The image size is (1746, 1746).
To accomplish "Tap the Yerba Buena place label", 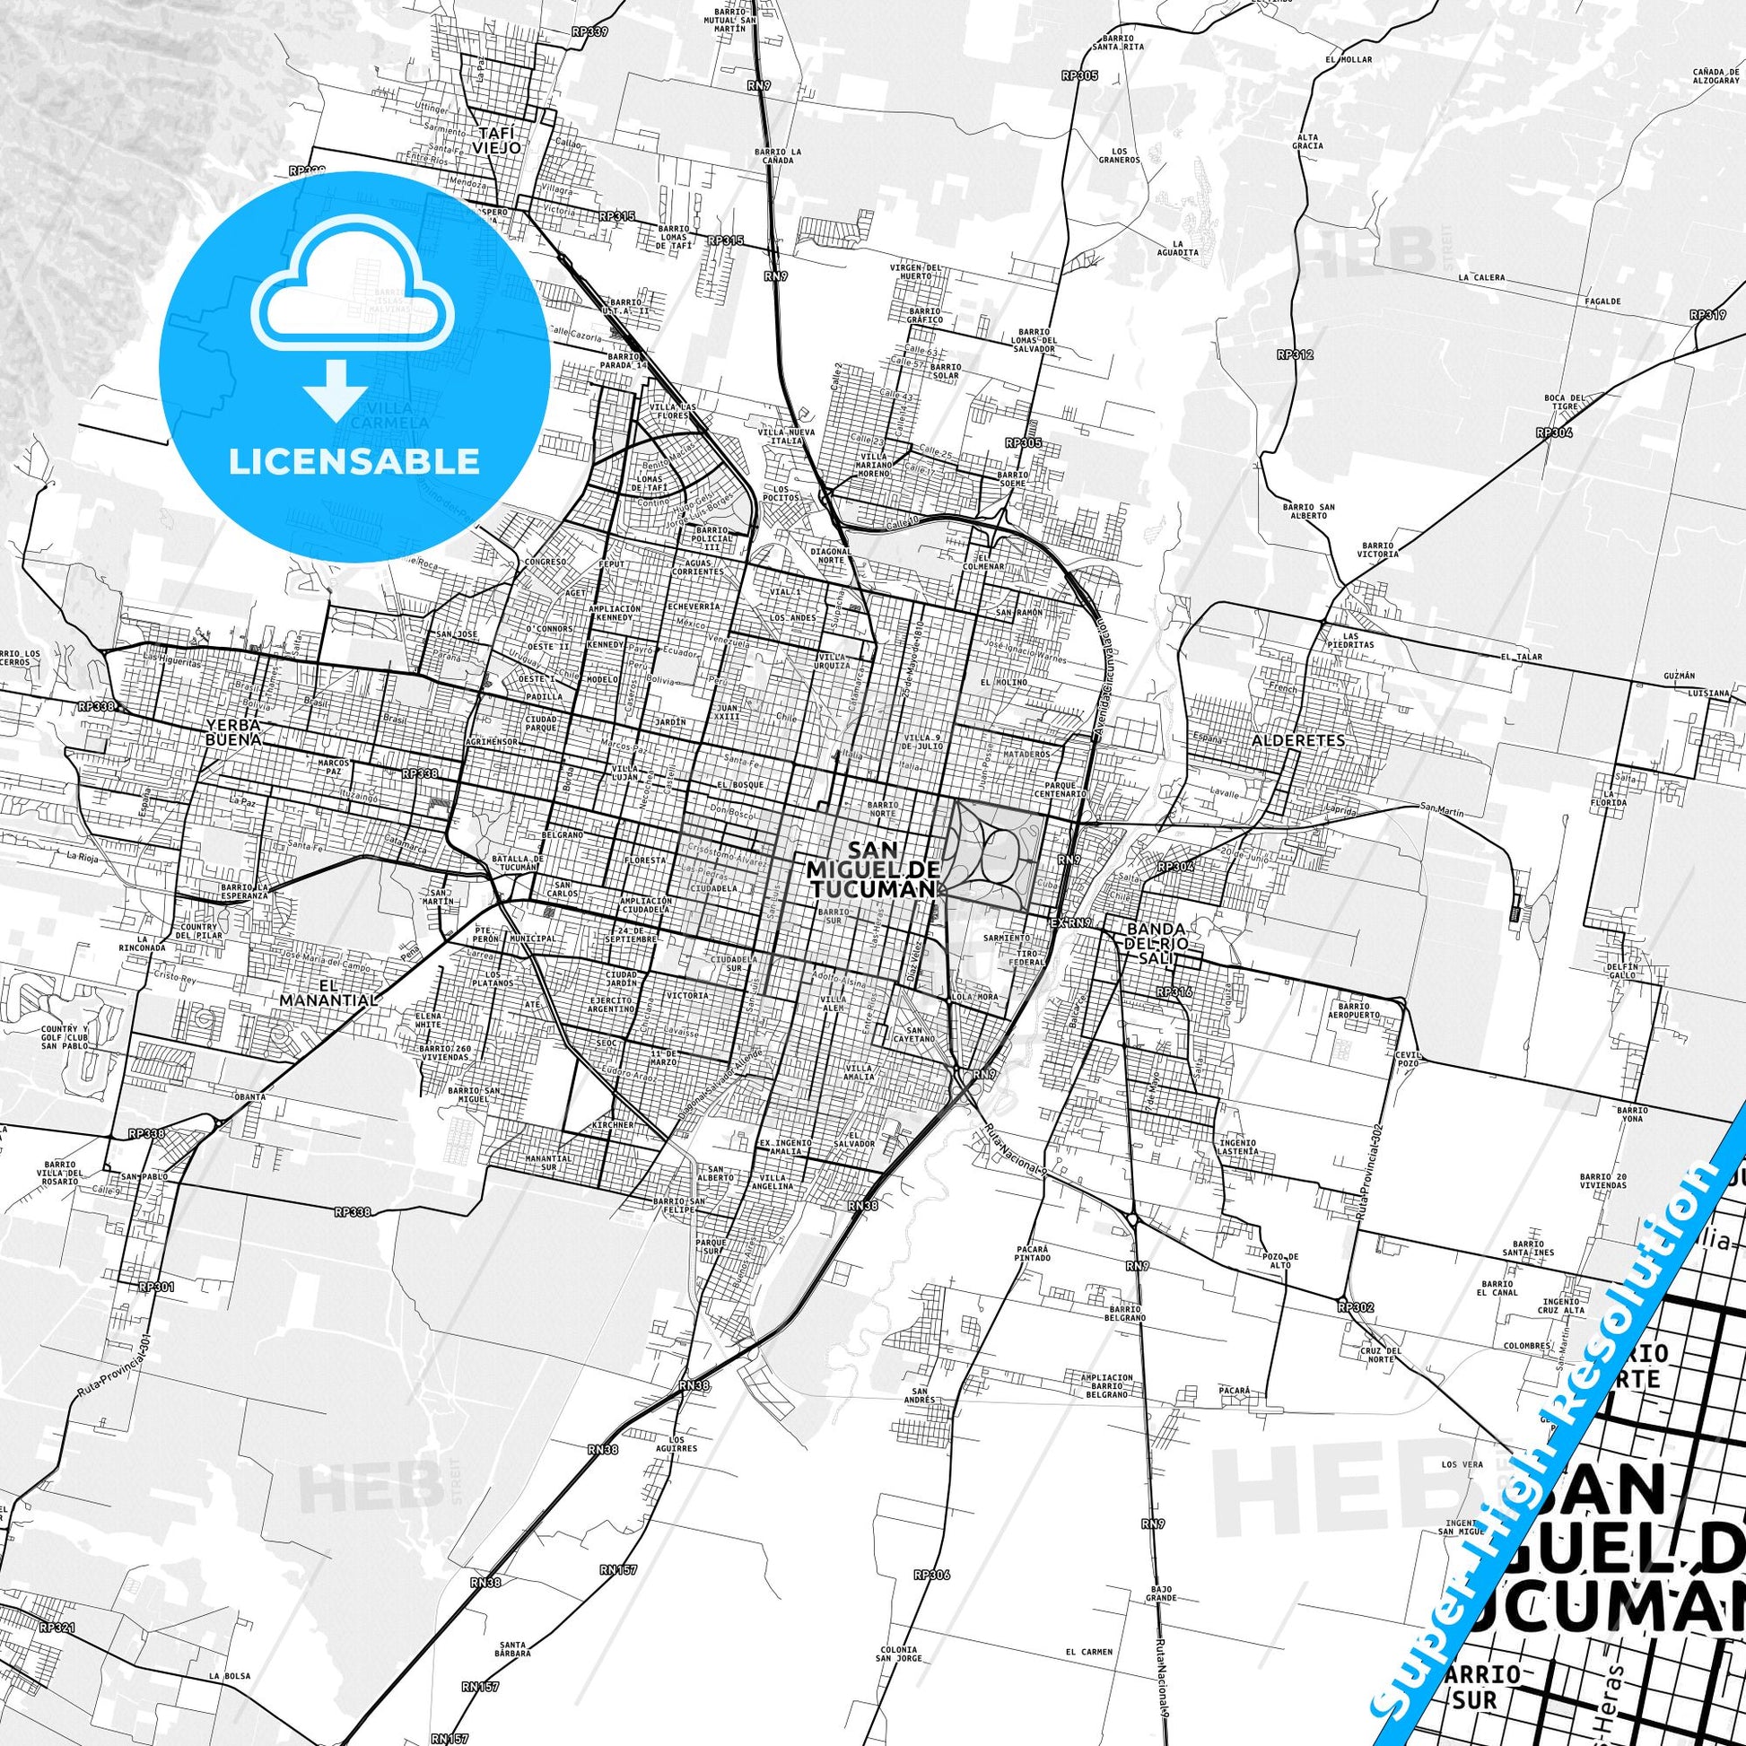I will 233,731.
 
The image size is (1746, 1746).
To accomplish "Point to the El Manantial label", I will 327,993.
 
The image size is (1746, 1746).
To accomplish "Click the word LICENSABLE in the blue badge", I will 354,461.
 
